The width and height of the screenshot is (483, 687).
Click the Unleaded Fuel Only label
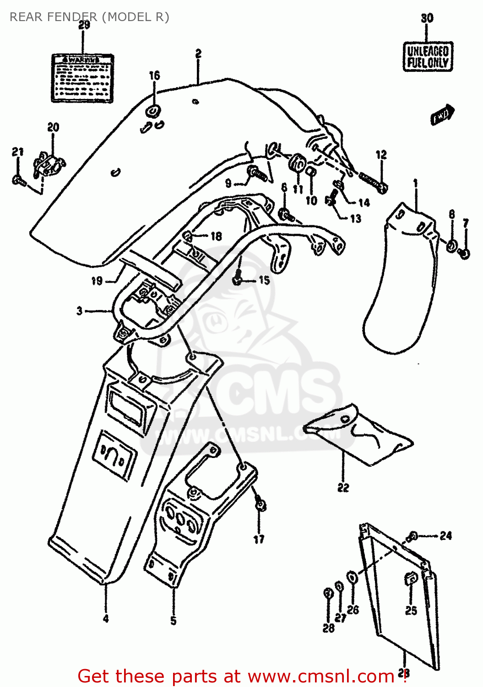click(428, 56)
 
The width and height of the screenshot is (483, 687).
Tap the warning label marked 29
click(82, 78)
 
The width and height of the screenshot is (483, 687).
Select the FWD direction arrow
click(442, 114)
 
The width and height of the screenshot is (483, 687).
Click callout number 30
click(427, 18)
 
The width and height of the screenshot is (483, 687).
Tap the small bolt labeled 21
click(18, 180)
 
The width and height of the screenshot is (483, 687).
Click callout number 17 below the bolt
click(259, 540)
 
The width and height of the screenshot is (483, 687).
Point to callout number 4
click(106, 619)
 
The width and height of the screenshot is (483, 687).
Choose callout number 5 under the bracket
click(174, 621)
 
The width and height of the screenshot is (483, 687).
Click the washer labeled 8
click(451, 246)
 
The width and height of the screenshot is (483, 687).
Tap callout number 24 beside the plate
click(446, 535)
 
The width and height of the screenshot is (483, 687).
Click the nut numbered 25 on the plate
click(410, 579)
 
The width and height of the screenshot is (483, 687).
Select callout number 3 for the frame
click(80, 311)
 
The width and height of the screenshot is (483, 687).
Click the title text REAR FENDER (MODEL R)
click(89, 17)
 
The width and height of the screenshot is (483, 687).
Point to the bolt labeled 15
click(238, 279)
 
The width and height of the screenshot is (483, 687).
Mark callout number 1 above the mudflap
click(415, 184)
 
